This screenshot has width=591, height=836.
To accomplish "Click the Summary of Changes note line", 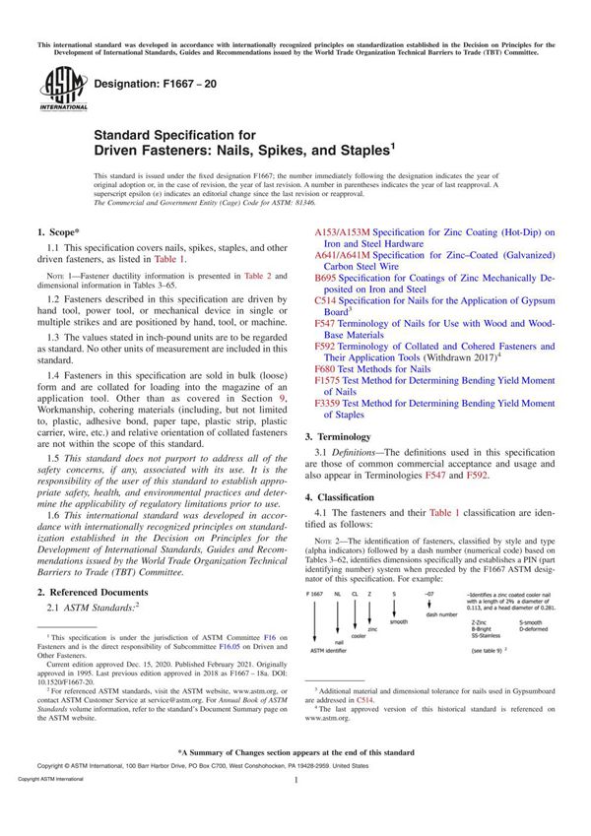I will (x=295, y=751).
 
